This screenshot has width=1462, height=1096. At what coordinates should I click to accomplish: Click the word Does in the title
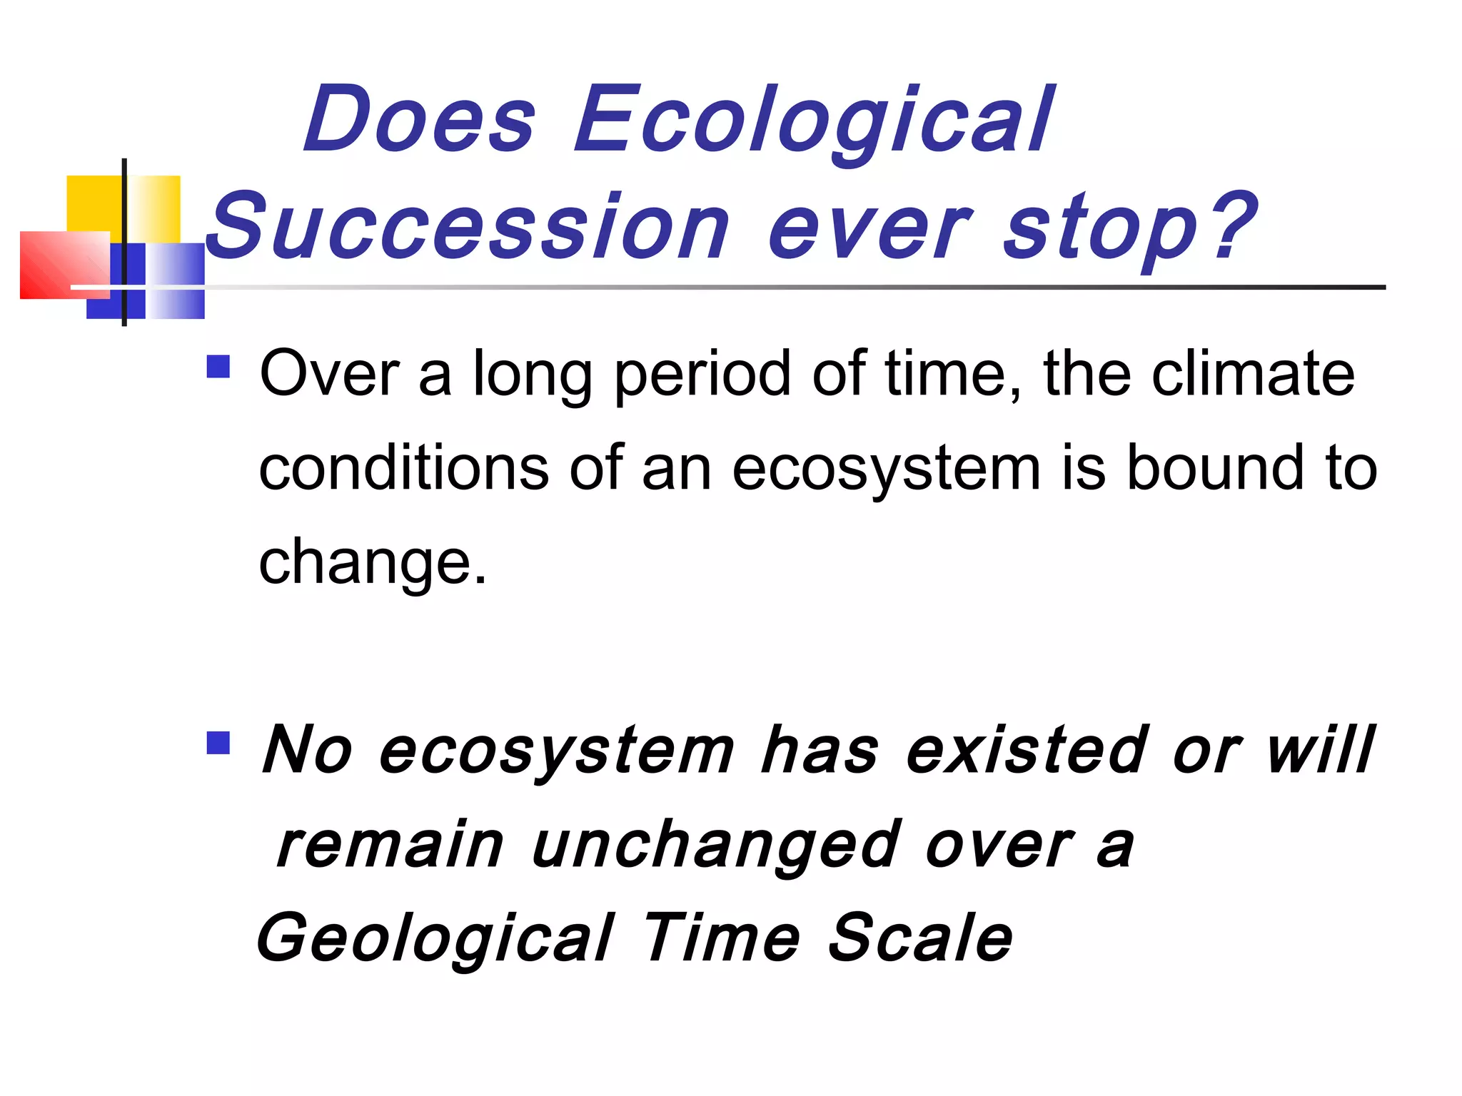[x=420, y=119]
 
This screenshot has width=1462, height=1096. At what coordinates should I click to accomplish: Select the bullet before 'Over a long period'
[x=218, y=367]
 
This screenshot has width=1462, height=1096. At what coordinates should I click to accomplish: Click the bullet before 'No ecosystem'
[x=218, y=743]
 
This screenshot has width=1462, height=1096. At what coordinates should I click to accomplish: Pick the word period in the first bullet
[x=702, y=374]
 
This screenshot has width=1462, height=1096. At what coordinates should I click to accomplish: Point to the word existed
[x=1028, y=751]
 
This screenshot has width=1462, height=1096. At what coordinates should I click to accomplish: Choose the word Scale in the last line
[x=920, y=938]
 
